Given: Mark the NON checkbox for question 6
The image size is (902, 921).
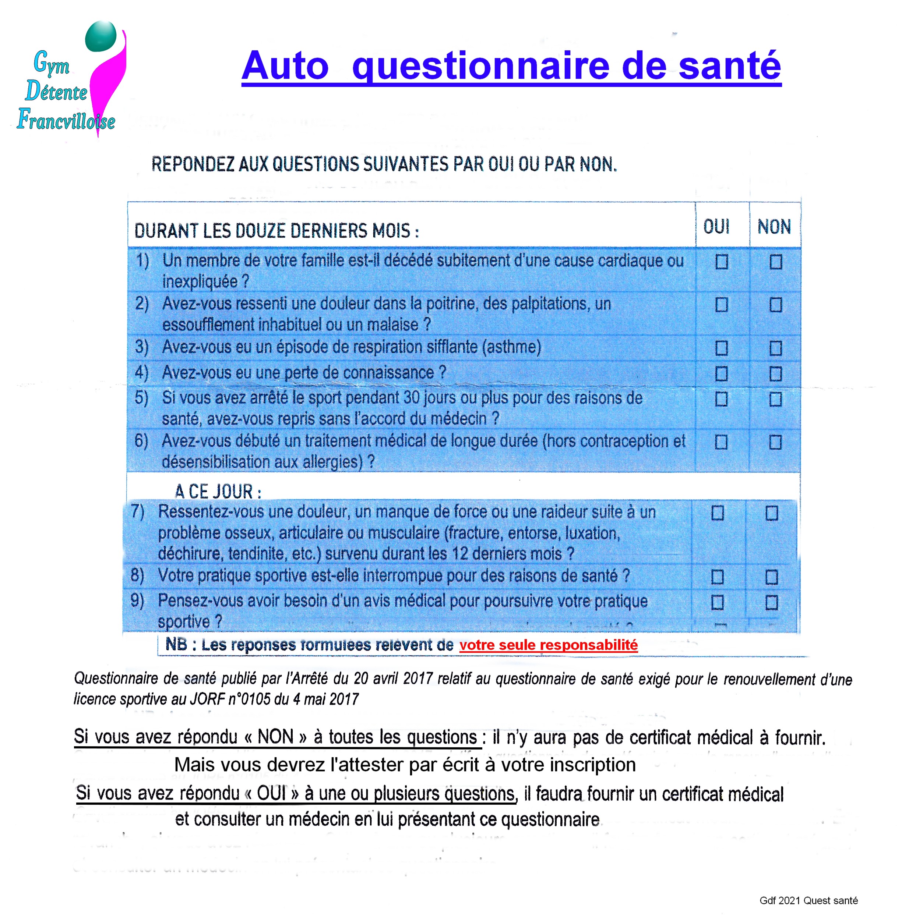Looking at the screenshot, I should (x=775, y=442).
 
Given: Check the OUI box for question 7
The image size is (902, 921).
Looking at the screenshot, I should (x=718, y=513).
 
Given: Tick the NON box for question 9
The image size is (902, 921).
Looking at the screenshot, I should (x=772, y=602).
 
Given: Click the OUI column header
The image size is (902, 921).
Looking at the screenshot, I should (x=716, y=227).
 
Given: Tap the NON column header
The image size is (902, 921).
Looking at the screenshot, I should (x=774, y=227).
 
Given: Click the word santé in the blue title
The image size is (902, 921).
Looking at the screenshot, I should (x=730, y=66).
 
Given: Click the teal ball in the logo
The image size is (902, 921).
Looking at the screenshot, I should (x=101, y=36).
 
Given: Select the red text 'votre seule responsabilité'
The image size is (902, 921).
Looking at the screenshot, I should (x=548, y=645).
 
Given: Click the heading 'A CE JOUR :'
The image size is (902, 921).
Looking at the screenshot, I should (x=218, y=492).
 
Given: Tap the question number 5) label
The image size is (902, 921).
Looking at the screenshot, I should (x=141, y=398).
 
